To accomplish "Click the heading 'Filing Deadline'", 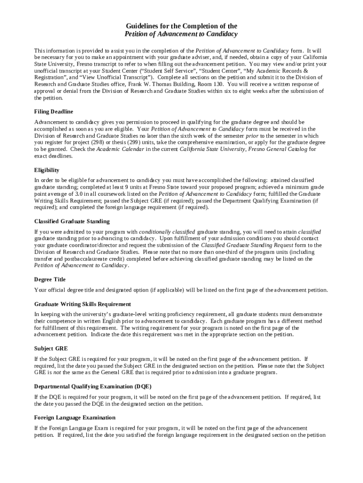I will pos(54,112).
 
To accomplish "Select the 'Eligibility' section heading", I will pos(47,170).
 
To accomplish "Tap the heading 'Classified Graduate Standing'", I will pos(72,221).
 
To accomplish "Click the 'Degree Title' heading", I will pos(50,279).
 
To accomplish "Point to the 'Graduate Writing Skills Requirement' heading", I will pos(82,304).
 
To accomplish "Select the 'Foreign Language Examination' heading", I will pos(74,417).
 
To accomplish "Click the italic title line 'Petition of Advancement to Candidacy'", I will pos(181,34).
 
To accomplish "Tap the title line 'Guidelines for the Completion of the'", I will pos(181,26).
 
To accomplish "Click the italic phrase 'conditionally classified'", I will pos(167,232).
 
